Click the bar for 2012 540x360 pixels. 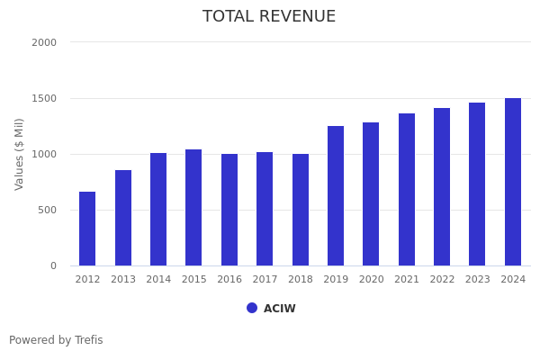tap(87, 229)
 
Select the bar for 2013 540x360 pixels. tap(123, 218)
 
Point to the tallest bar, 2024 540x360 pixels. tap(513, 182)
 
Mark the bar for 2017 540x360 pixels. tap(265, 209)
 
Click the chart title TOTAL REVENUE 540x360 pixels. tap(269, 17)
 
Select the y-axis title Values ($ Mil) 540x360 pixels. tap(20, 154)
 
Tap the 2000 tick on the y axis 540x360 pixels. tap(44, 42)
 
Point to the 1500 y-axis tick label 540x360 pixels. tap(44, 98)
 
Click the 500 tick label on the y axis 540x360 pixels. tap(47, 210)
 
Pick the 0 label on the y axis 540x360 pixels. tap(53, 265)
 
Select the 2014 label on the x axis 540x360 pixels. tap(158, 280)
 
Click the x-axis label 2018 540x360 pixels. tap(301, 280)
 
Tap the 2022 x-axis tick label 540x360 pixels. tap(442, 280)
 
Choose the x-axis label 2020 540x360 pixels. tap(371, 280)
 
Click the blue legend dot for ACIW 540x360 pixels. tap(252, 308)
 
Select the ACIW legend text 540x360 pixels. tap(279, 309)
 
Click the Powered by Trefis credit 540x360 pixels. tap(56, 340)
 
